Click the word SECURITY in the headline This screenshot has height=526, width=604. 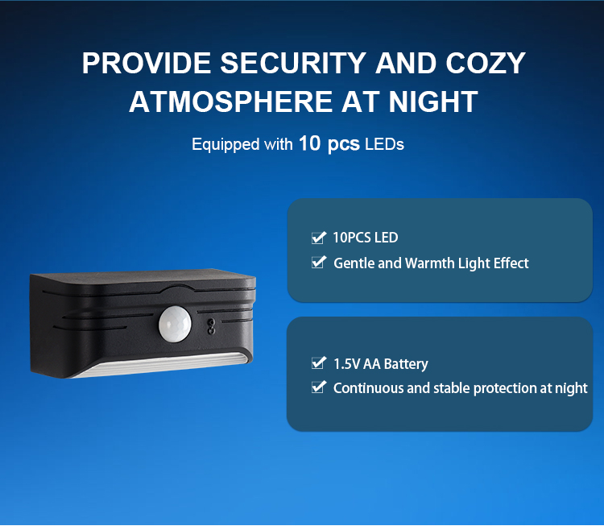pyautogui.click(x=293, y=63)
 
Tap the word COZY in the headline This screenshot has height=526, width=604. pyautogui.click(x=486, y=63)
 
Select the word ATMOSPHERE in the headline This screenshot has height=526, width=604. pyautogui.click(x=231, y=101)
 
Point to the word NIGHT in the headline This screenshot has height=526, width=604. pyautogui.click(x=433, y=101)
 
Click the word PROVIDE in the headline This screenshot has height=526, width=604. pyautogui.click(x=147, y=63)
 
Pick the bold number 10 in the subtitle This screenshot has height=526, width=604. pyautogui.click(x=310, y=143)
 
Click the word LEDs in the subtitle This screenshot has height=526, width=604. pyautogui.click(x=384, y=144)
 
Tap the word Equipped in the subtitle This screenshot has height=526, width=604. pyautogui.click(x=225, y=145)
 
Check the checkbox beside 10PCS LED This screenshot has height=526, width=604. pyautogui.click(x=319, y=238)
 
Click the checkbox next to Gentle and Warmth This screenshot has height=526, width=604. pyautogui.click(x=319, y=262)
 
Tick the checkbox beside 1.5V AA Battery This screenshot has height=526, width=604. pyautogui.click(x=319, y=362)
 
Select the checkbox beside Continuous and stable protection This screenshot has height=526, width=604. pyautogui.click(x=319, y=387)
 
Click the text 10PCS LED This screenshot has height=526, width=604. pyautogui.click(x=365, y=238)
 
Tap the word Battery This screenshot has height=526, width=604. pyautogui.click(x=406, y=364)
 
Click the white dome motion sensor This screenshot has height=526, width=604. pyautogui.click(x=175, y=324)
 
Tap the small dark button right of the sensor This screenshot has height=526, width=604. pyautogui.click(x=211, y=326)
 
